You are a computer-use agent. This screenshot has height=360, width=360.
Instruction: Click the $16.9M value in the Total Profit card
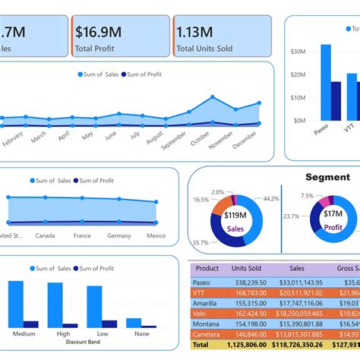click(x=99, y=31)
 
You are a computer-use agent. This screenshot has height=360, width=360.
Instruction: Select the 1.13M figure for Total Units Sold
click(x=194, y=31)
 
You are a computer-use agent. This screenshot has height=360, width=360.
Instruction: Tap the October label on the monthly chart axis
click(x=200, y=141)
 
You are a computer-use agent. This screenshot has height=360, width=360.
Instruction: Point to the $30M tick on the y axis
click(x=298, y=52)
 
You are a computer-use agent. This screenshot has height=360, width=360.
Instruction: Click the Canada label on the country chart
click(x=46, y=235)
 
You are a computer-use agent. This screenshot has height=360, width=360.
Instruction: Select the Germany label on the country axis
click(x=119, y=235)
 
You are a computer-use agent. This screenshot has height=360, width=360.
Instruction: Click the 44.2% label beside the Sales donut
click(x=270, y=199)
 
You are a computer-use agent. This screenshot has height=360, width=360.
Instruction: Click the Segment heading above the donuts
click(x=327, y=177)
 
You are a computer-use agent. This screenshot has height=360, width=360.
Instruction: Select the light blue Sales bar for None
click(x=133, y=323)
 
